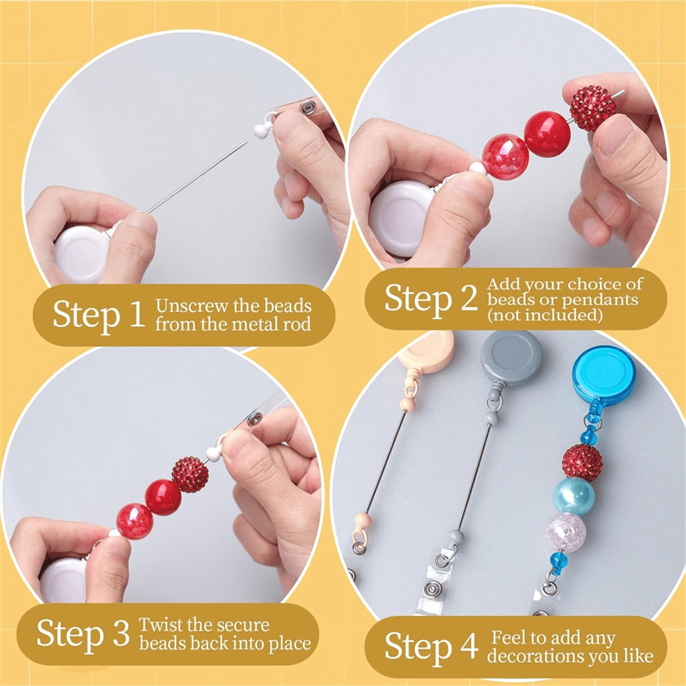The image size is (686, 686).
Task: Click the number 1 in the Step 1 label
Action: (x=137, y=314)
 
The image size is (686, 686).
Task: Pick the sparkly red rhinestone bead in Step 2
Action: (x=593, y=107)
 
